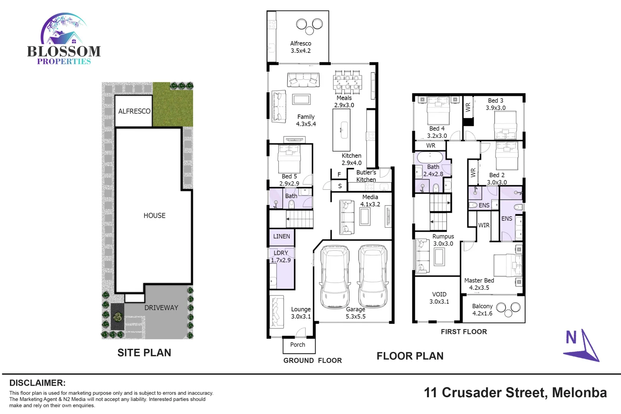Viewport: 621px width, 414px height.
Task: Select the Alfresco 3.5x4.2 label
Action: coord(301,47)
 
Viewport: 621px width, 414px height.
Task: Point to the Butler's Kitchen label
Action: coord(366,176)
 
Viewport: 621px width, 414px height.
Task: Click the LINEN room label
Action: coord(281,237)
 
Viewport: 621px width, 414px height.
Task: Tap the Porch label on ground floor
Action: coord(297,345)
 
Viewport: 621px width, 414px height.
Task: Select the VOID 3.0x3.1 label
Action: coord(439,298)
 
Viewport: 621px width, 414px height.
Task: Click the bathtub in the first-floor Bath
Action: coord(430,157)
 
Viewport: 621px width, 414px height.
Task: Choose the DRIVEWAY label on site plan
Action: coord(161,308)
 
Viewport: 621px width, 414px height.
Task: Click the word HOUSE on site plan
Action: coord(154,216)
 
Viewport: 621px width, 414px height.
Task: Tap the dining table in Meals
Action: coord(347,82)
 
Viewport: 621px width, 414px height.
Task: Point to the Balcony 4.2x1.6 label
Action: coord(482,310)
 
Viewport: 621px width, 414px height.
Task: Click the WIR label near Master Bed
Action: coord(484,225)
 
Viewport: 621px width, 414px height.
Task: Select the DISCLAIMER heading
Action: coord(37,383)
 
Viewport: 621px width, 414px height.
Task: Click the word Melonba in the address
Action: coord(579,393)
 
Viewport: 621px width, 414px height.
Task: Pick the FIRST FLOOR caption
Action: coord(463,332)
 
